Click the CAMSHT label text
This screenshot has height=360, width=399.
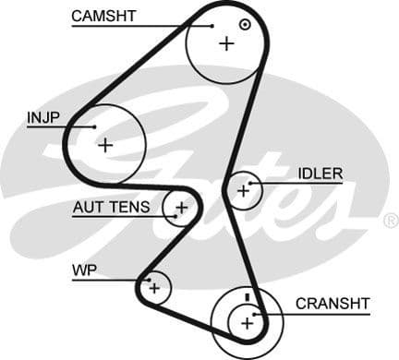(103, 16)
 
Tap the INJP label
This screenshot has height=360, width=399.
(43, 117)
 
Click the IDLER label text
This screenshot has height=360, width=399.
(320, 173)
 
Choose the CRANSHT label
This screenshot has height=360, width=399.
(332, 303)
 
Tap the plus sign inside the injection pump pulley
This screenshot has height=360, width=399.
(106, 145)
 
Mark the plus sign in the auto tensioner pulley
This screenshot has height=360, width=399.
(182, 208)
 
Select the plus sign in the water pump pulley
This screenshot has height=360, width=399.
(154, 289)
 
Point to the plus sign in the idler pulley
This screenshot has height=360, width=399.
(244, 191)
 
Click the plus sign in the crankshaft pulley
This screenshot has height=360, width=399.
(247, 322)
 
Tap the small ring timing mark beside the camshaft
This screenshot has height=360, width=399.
(245, 25)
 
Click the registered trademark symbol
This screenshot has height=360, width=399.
(391, 221)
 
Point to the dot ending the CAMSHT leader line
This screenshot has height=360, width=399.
(212, 26)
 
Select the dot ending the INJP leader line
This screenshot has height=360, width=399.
(94, 126)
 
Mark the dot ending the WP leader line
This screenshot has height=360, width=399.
(144, 279)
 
